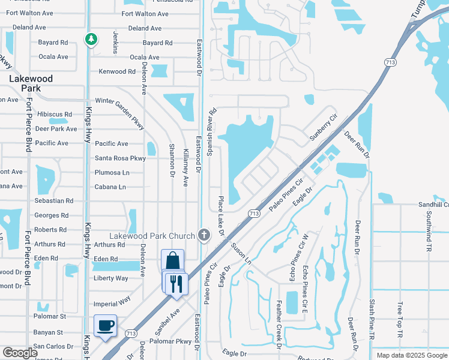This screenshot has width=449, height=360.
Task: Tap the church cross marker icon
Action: point(204,234)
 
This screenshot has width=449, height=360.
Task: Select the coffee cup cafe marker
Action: point(106,326)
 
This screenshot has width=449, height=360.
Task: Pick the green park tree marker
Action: point(91,40)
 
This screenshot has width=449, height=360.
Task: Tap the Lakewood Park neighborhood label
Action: point(31,83)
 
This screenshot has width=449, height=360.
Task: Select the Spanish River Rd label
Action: point(212,133)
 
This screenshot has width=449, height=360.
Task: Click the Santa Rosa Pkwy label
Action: point(120,158)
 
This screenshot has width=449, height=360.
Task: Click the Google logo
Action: point(20,353)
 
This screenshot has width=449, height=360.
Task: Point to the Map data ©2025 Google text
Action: point(411,355)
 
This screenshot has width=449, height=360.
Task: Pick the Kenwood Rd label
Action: point(117,71)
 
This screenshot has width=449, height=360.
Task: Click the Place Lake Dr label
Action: point(220,215)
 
